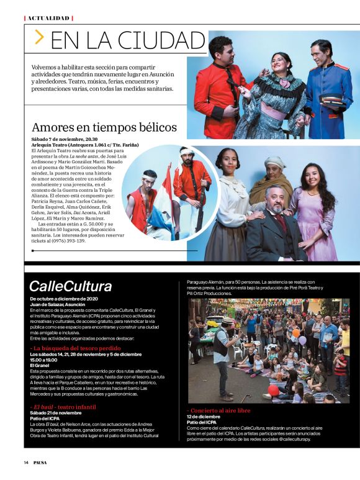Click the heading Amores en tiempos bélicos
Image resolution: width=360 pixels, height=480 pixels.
(104, 127)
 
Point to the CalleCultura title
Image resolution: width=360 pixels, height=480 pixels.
(71, 286)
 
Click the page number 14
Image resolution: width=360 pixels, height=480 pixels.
(26, 462)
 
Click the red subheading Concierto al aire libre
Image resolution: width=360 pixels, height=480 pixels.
(219, 410)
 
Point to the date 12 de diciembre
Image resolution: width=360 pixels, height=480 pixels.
(200, 417)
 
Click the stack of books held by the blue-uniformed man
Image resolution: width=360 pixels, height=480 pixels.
(330, 98)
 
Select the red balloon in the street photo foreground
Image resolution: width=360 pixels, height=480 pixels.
(273, 390)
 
